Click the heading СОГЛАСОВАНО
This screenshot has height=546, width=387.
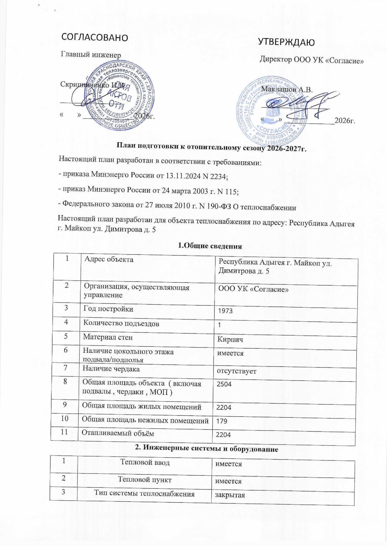tap(95, 37)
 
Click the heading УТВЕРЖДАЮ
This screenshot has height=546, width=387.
tap(286, 42)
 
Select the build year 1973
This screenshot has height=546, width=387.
tap(225, 311)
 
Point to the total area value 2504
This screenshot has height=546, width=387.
tap(224, 384)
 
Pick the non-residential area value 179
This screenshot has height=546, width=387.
tap(222, 421)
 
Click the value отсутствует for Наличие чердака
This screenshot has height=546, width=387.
tap(237, 371)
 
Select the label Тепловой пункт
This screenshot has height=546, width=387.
tap(145, 480)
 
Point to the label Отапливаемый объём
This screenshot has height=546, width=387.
tap(118, 433)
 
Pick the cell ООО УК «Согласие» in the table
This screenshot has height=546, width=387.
tap(253, 289)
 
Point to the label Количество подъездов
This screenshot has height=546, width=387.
tap(121, 323)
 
